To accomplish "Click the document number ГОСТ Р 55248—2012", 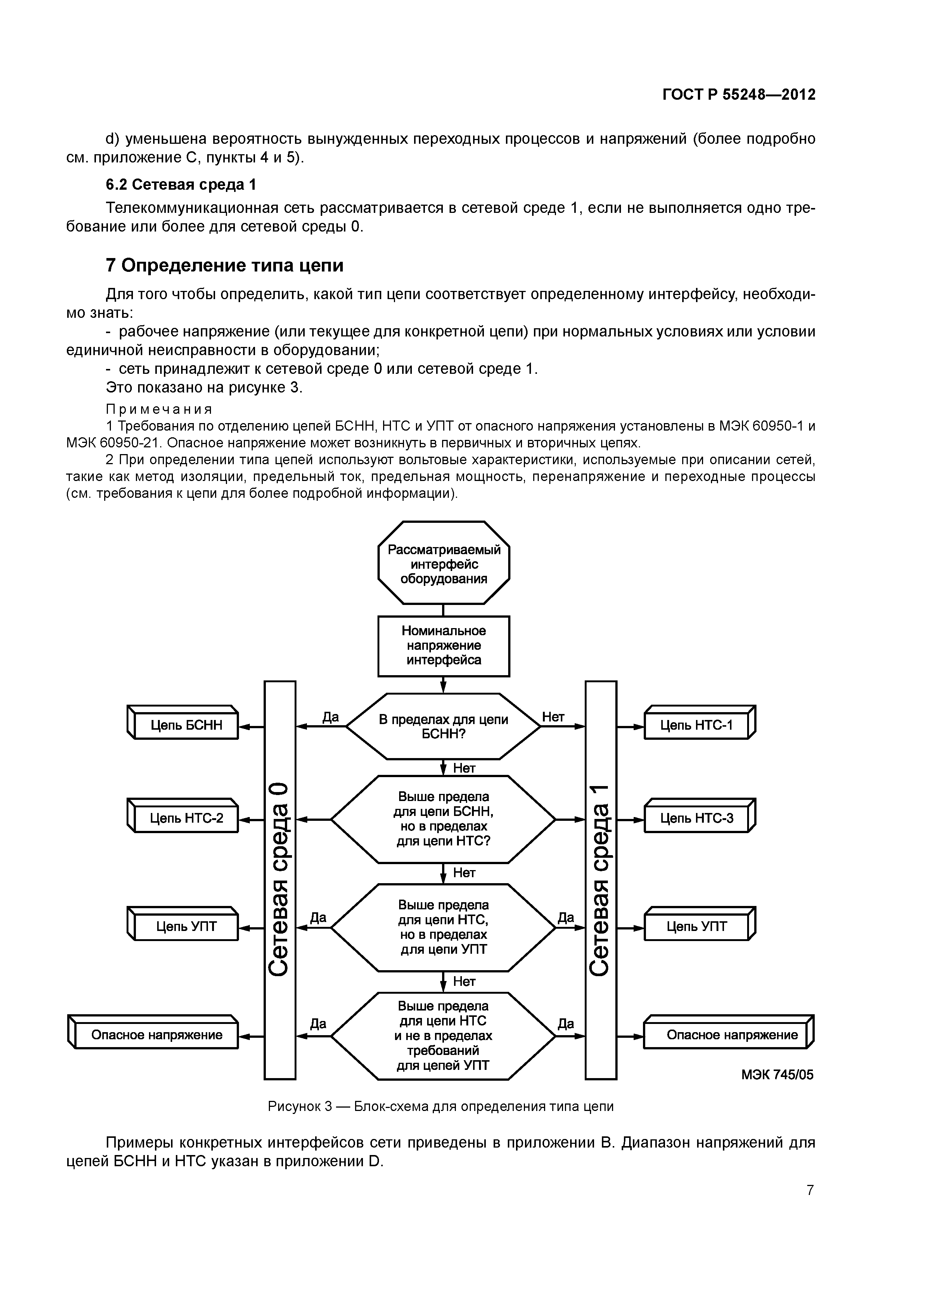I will click(x=739, y=94).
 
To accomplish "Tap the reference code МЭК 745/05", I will click(x=777, y=1075).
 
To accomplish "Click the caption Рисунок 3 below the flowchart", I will click(x=441, y=1106).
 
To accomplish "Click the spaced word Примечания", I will click(x=159, y=409).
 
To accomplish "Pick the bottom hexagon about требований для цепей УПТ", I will click(x=443, y=1036).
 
